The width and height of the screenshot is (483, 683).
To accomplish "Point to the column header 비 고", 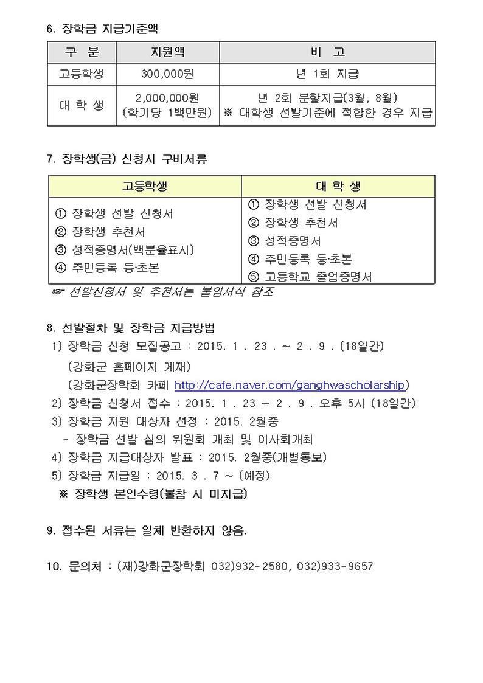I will click(327, 52).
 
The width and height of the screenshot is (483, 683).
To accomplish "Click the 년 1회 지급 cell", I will click(327, 74).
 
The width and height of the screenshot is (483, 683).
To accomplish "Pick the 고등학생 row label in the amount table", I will click(82, 74).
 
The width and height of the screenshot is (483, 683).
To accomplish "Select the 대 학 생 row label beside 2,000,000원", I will click(82, 105).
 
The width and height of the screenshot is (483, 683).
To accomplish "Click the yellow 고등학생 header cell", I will click(145, 186).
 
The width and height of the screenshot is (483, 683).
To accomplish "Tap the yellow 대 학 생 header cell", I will click(338, 186).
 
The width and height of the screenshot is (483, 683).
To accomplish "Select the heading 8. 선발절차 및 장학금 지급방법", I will click(130, 328).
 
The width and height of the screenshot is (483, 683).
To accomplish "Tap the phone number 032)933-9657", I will click(336, 566).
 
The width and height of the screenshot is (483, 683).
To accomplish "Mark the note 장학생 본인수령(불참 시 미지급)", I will click(161, 494).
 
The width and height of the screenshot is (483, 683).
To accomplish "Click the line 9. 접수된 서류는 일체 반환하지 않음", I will click(147, 530).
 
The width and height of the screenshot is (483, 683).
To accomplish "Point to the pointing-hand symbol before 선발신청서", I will click(58, 293).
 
